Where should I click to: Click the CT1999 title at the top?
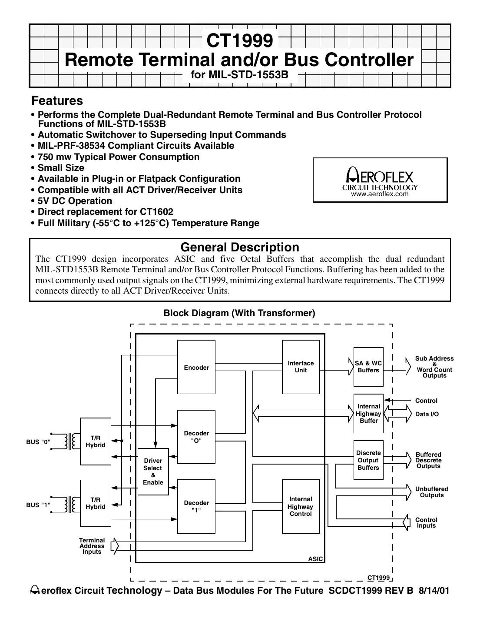[240, 41]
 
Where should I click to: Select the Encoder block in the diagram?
[196, 368]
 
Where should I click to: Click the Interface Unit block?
[301, 367]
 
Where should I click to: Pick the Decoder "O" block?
[196, 436]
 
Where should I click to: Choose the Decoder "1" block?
[196, 506]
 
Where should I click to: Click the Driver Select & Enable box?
[153, 472]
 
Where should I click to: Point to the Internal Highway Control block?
[301, 506]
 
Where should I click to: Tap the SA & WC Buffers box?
[368, 367]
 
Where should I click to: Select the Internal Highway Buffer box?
[368, 413]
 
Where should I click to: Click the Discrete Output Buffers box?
[368, 460]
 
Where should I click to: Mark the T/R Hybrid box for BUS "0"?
[96, 441]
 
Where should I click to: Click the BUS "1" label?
[38, 505]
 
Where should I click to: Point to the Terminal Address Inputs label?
[92, 546]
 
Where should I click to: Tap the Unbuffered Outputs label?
[431, 492]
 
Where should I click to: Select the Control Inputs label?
[426, 522]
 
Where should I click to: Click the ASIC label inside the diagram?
[315, 559]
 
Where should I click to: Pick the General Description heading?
[240, 247]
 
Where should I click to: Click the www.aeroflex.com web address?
[380, 194]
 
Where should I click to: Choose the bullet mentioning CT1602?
[105, 212]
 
